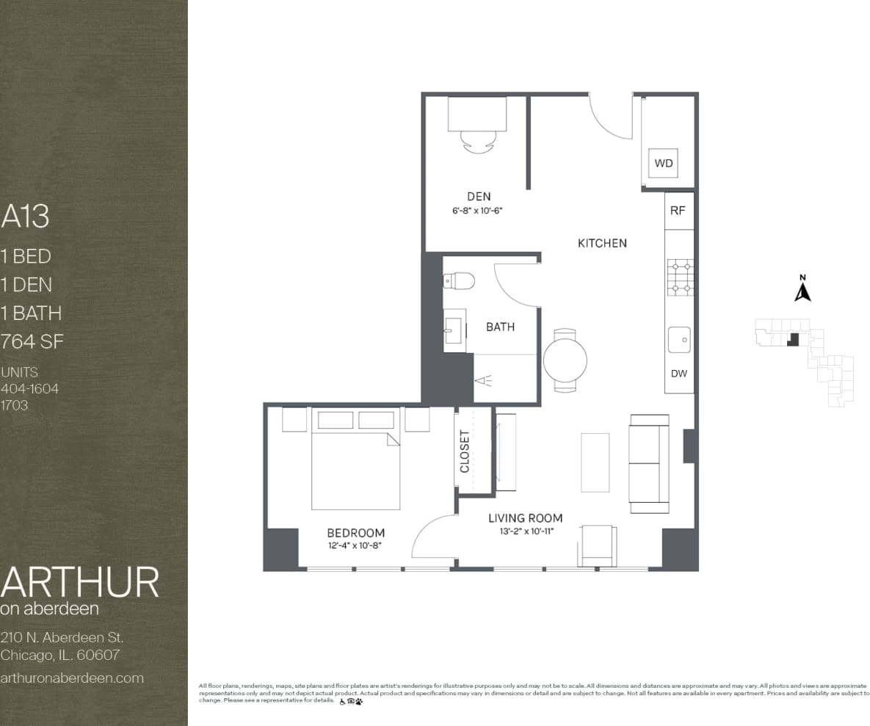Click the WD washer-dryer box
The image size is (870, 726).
[x=663, y=163]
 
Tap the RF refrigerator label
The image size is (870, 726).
[x=678, y=211]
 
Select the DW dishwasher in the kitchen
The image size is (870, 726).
[x=679, y=374]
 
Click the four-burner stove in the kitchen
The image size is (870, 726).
[x=680, y=277]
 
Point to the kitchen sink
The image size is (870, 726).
[x=679, y=340]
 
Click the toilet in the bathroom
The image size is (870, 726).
[x=460, y=280]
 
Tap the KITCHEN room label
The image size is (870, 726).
[x=602, y=243]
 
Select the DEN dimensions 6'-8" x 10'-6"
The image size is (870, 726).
[x=478, y=210]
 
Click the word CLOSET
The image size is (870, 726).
[x=464, y=451]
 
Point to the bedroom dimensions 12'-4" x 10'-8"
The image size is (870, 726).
[x=355, y=545]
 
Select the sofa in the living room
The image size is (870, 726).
[x=649, y=463]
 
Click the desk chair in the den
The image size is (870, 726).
[x=477, y=141]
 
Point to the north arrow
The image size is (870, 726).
[x=802, y=289]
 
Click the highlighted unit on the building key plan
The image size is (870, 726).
[x=793, y=339]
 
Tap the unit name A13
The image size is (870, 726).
[x=26, y=217]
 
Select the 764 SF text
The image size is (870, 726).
[x=32, y=341]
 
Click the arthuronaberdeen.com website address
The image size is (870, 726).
[x=72, y=678]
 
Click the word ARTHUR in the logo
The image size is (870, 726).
[x=79, y=582]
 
